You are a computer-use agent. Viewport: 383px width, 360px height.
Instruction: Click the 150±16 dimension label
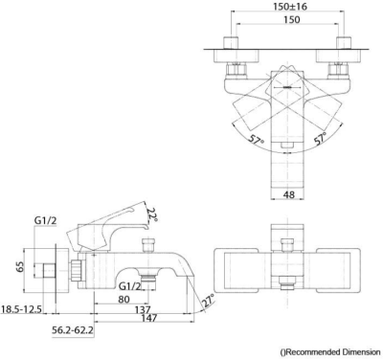coord(290,7)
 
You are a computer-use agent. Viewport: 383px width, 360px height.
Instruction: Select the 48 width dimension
coord(289,194)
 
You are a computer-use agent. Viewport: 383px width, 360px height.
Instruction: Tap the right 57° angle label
coord(320,138)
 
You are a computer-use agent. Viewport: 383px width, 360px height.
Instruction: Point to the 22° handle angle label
coord(152,215)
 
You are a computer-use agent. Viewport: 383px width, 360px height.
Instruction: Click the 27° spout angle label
coord(208,300)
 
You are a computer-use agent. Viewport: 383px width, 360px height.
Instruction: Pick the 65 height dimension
coord(20,266)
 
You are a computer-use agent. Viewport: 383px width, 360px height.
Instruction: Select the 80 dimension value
coord(124,299)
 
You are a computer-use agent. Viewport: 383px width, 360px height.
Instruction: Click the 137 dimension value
coord(142,309)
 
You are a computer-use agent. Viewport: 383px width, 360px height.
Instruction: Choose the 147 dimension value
coord(148,318)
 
